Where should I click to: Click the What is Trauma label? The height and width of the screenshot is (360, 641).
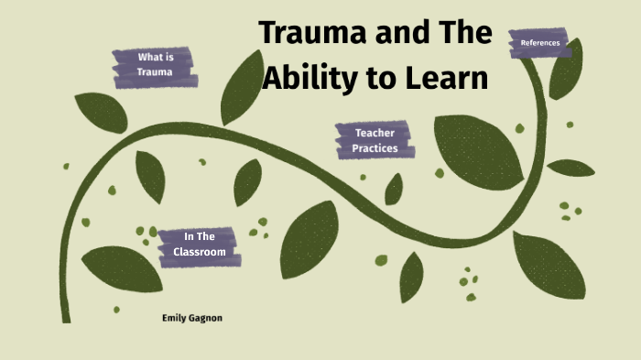[154, 64]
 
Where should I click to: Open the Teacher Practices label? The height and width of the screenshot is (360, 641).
[375, 140]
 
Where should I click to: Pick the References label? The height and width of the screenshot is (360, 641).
[539, 43]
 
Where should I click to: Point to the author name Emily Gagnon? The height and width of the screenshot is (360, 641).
[192, 318]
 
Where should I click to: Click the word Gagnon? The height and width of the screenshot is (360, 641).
[205, 318]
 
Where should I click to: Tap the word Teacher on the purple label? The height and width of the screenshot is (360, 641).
[375, 133]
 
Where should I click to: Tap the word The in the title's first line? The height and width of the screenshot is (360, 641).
[465, 33]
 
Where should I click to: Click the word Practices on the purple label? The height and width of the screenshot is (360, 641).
[375, 148]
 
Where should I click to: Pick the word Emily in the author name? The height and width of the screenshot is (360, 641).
[174, 318]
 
